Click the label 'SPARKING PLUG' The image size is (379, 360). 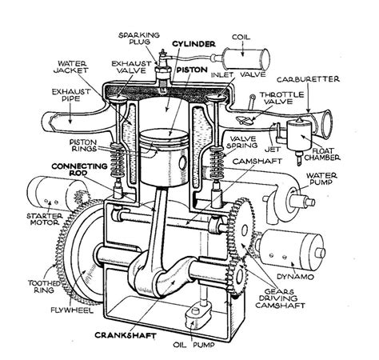pyautogui.click(x=137, y=40)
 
